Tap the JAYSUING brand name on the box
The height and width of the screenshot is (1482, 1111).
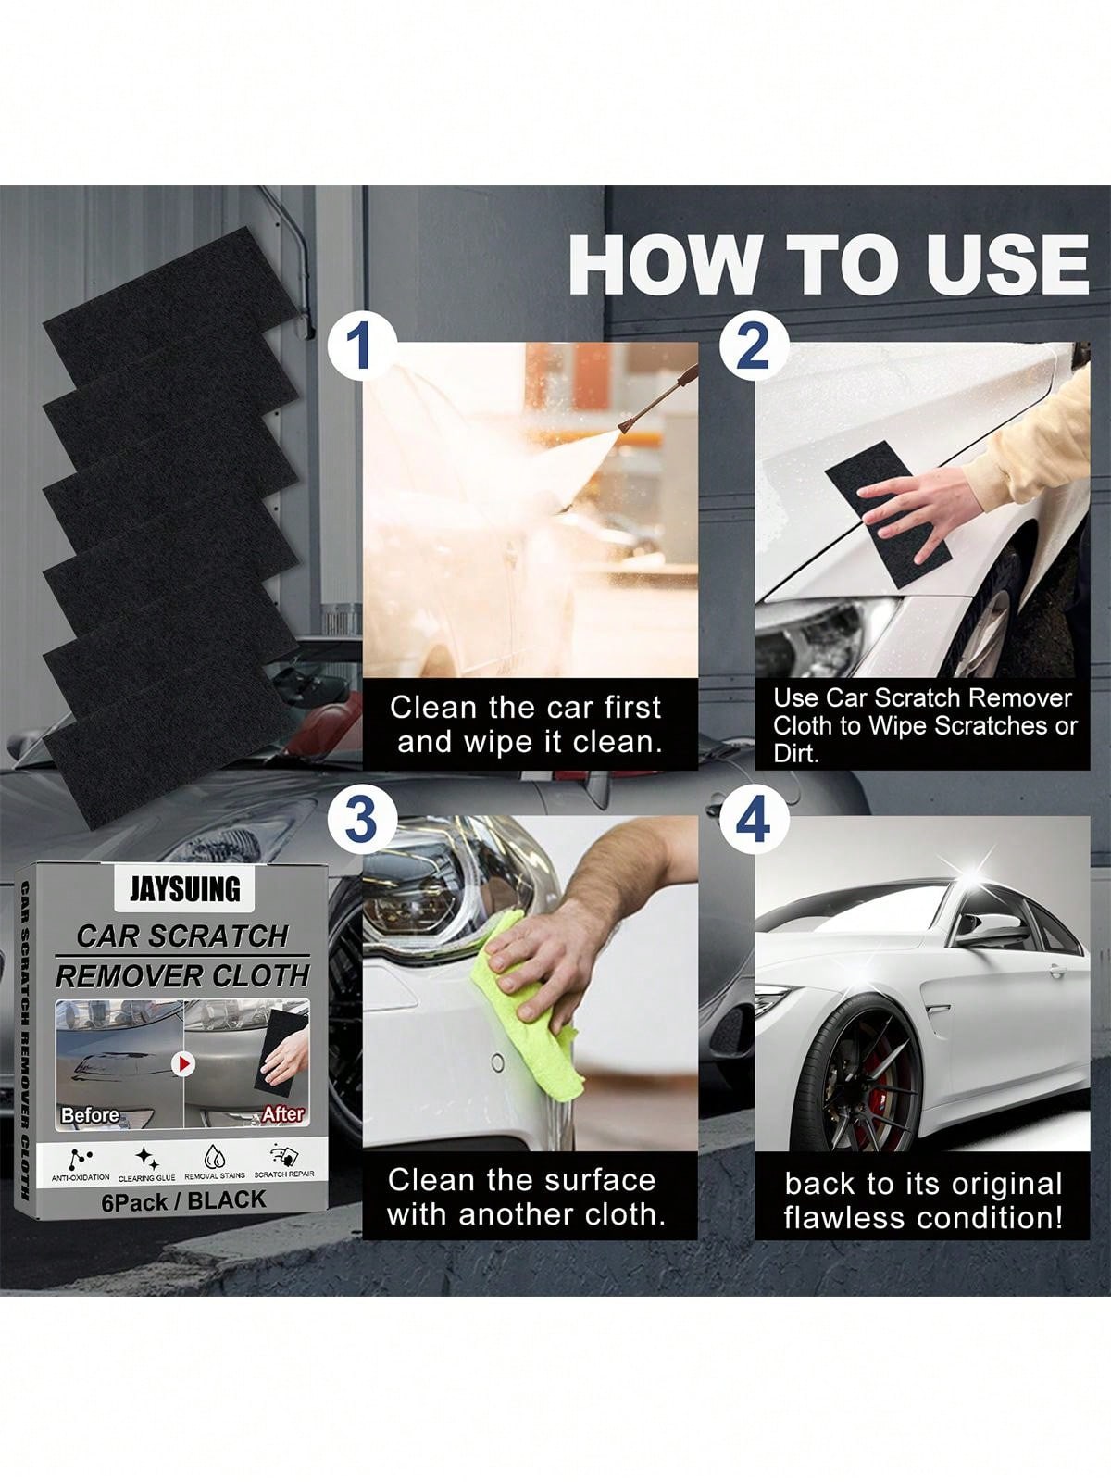click(184, 889)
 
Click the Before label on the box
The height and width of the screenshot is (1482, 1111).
click(90, 1114)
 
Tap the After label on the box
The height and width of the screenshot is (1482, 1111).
click(282, 1113)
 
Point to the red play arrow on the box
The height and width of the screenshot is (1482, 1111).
click(184, 1064)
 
